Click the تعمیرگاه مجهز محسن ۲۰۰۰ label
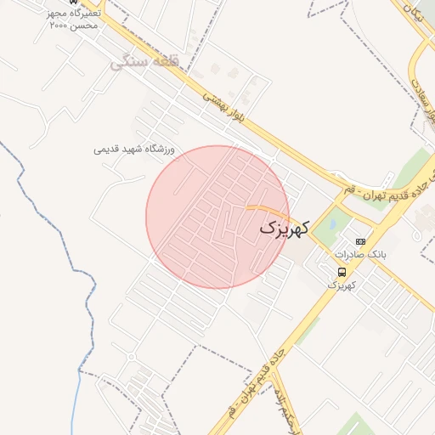[75, 20]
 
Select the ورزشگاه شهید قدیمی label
[134, 149]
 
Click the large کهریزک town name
[285, 228]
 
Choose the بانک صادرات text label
[360, 254]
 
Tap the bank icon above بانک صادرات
[360, 241]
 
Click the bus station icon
[341, 272]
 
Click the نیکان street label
[416, 12]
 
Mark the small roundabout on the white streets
[131, 357]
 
